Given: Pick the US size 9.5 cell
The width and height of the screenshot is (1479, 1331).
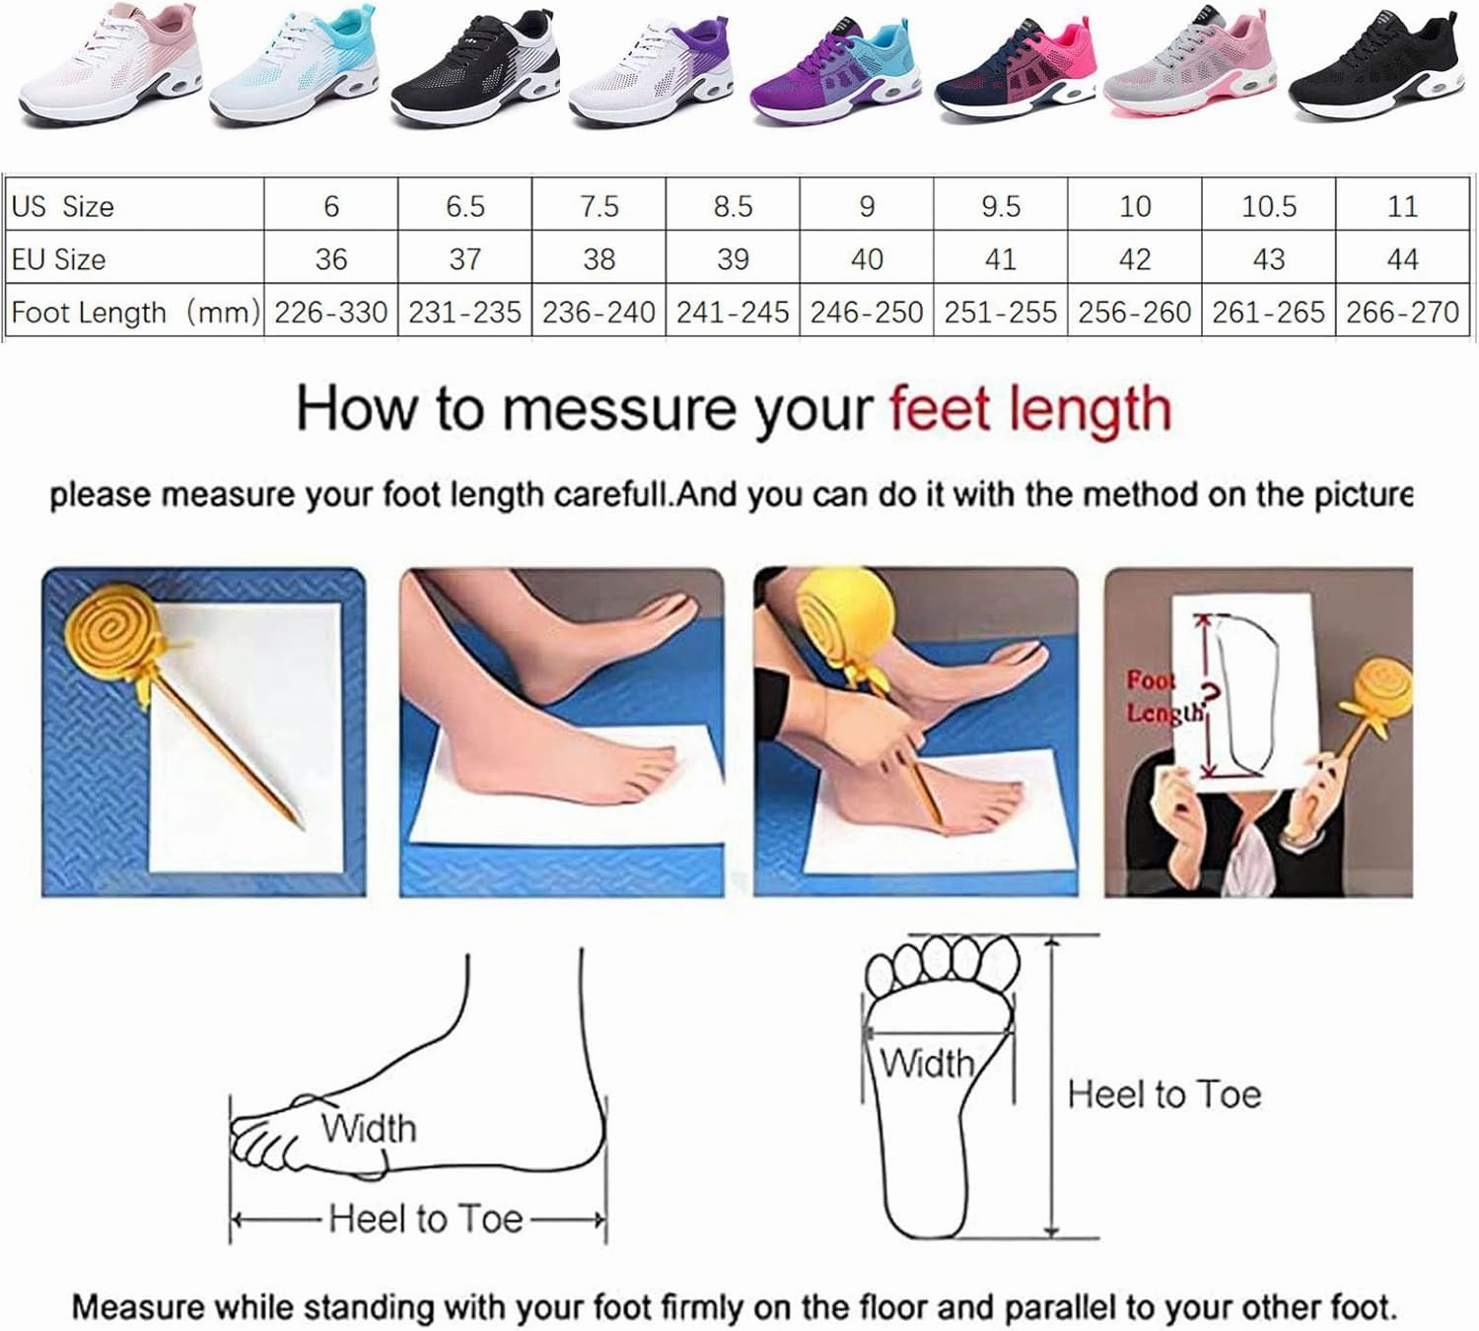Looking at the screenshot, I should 1000,206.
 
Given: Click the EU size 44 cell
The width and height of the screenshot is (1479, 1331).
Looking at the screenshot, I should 1401,259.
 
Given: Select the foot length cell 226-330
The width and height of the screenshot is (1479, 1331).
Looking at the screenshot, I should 330,313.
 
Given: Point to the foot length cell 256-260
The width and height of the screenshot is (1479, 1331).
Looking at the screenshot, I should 1134,313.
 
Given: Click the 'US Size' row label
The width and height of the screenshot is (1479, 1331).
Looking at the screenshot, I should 63,206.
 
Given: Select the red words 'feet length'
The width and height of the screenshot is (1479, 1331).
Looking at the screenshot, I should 1029,409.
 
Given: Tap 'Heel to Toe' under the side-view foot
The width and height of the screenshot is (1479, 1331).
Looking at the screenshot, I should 425,1220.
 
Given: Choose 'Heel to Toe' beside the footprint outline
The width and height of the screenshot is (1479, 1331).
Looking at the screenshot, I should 1163,1094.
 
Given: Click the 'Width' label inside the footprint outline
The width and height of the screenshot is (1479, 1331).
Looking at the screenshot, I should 927,1063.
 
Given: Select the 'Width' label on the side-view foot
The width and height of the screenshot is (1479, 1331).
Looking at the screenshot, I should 368,1128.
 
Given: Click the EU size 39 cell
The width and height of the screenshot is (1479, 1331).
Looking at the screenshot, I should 733,259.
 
